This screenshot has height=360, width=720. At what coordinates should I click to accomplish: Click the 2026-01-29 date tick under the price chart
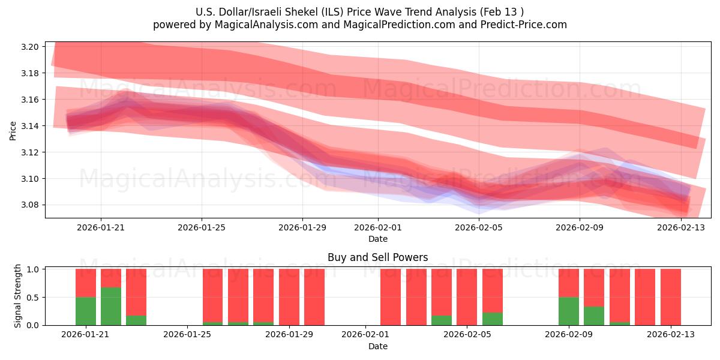302,227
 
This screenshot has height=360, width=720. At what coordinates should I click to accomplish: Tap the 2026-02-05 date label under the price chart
479,227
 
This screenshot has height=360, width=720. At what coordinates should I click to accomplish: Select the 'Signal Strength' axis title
18,296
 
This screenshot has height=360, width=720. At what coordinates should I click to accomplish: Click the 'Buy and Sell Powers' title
377,257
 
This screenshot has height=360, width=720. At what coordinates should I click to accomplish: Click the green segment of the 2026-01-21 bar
86,311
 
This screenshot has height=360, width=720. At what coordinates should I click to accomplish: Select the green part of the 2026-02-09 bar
569,311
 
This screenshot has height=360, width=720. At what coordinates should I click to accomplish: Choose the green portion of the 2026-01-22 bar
111,306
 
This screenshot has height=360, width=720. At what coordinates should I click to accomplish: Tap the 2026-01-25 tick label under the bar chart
188,334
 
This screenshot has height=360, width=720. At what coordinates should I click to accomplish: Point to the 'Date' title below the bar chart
377,346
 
